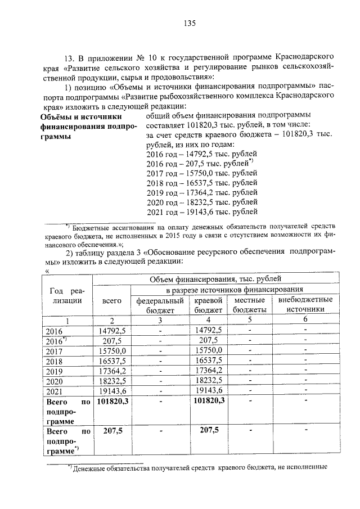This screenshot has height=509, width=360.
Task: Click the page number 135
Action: click(188, 23)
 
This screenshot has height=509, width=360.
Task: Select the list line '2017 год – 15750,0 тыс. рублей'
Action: click(201, 173)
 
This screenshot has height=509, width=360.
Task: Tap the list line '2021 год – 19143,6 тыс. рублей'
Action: click(201, 212)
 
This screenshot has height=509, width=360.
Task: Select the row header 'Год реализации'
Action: click(67, 295)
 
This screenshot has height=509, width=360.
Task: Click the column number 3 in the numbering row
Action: click(160, 320)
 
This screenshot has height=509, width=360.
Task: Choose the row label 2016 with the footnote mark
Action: click(56, 341)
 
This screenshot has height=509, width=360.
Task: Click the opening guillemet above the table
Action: click(47, 271)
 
